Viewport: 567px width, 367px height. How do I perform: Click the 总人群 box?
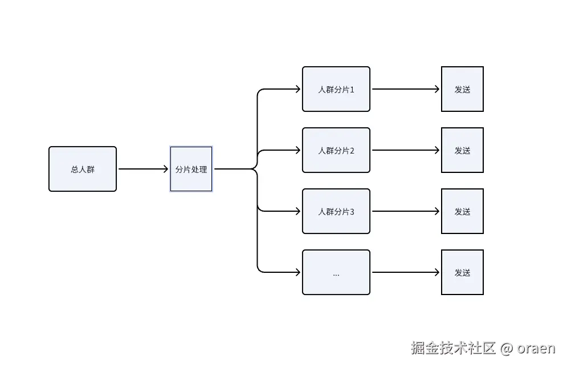point(83,169)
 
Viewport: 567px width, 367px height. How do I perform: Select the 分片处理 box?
point(191,169)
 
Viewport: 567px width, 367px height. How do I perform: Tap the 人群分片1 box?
point(336,89)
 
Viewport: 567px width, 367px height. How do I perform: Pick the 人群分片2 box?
point(336,150)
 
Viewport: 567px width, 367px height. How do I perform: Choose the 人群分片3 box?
point(336,211)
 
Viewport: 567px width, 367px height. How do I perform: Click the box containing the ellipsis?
point(336,272)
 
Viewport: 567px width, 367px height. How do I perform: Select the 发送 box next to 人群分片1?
point(462,89)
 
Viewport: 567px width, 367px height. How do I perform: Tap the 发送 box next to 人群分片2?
point(462,150)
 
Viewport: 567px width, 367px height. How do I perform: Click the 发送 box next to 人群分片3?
point(462,211)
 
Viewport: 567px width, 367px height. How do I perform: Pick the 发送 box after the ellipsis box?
point(462,272)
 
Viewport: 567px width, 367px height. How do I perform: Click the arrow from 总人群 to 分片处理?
point(143,169)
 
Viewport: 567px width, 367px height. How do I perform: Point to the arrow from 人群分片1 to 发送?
point(406,89)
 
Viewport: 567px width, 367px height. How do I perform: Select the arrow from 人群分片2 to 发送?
point(406,150)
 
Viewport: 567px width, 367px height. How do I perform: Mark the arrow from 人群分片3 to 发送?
point(406,211)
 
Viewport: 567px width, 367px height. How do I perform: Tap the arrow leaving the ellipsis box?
point(406,272)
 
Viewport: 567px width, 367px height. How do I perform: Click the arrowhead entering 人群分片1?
point(298,89)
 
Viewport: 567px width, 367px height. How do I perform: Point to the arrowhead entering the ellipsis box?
point(298,272)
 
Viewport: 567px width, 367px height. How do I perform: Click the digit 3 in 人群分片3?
point(352,212)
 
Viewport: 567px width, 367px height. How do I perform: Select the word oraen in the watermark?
point(536,348)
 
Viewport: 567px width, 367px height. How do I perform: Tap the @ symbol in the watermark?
point(507,348)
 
